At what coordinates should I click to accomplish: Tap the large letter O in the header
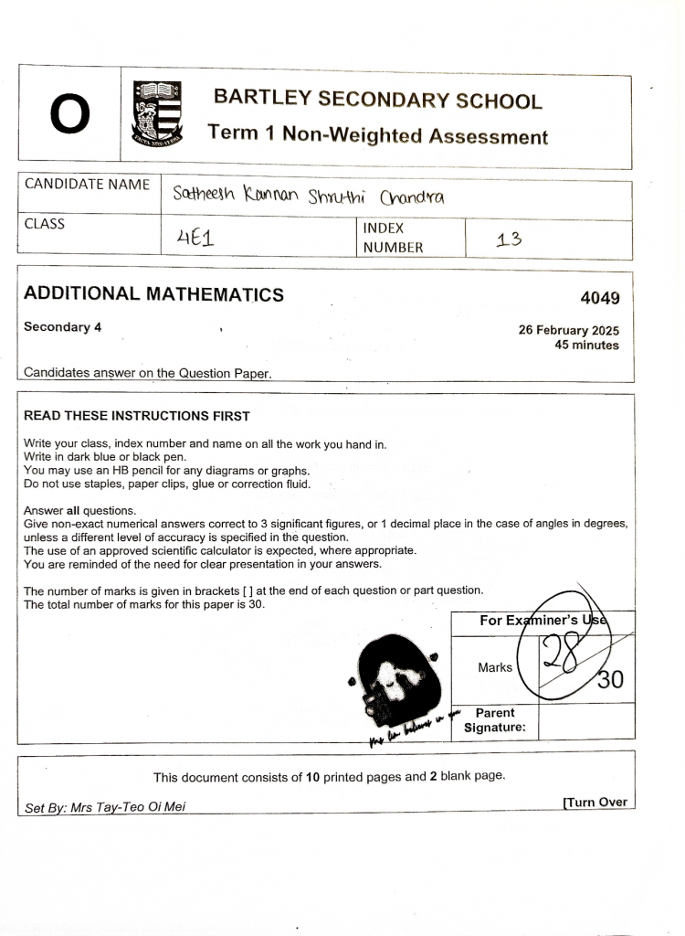pyautogui.click(x=70, y=115)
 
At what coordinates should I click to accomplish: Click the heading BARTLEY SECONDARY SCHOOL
pyautogui.click(x=377, y=100)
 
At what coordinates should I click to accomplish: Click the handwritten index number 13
pyautogui.click(x=509, y=240)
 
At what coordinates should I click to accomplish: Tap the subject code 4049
pyautogui.click(x=599, y=298)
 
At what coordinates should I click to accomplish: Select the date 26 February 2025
pyautogui.click(x=568, y=330)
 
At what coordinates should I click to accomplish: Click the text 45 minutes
pyautogui.click(x=586, y=346)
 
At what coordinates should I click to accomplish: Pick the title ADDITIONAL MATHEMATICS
pyautogui.click(x=153, y=294)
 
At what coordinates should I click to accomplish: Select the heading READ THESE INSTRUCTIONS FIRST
pyautogui.click(x=136, y=416)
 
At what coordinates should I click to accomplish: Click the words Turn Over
pyautogui.click(x=596, y=802)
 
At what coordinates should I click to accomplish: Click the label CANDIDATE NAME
pyautogui.click(x=88, y=184)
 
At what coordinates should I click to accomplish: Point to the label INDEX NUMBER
pyautogui.click(x=393, y=238)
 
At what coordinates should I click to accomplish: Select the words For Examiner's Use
pyautogui.click(x=543, y=622)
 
